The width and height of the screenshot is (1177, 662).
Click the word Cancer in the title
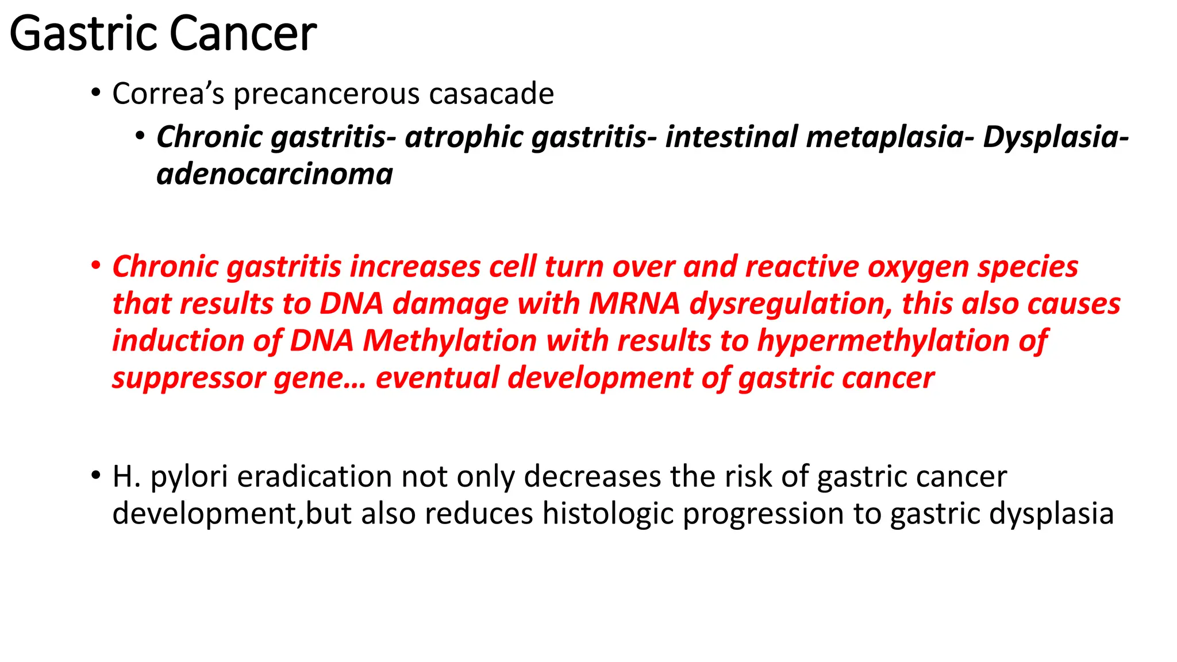point(243,34)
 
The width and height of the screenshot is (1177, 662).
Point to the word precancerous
point(326,95)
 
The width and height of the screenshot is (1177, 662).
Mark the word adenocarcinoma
point(275,174)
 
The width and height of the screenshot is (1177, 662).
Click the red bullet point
point(96,266)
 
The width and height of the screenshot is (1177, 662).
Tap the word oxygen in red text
point(918,268)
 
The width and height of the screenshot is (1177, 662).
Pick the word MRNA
point(634,303)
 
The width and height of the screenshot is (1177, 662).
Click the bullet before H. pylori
point(96,476)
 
